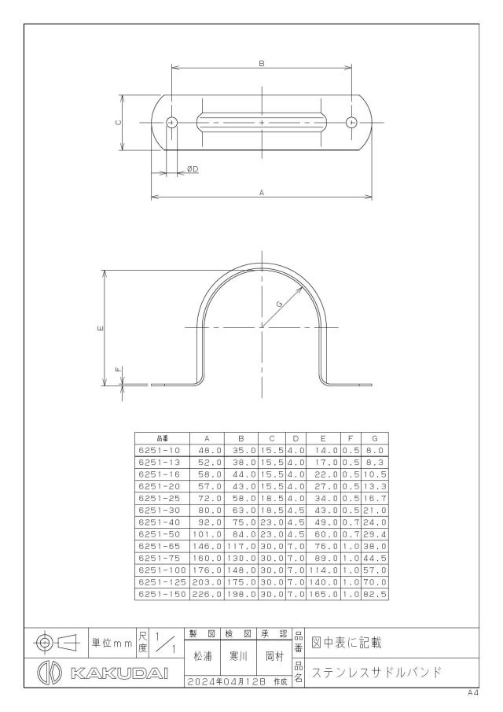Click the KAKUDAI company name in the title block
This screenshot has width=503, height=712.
tap(119, 673)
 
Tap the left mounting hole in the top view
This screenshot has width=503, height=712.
tap(171, 122)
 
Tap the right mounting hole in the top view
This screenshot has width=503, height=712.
tap(351, 122)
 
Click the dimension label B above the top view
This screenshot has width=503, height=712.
tap(262, 64)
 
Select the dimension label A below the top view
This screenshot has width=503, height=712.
tap(262, 193)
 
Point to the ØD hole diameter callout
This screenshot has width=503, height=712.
tap(193, 169)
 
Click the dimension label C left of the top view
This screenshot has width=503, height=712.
tap(117, 122)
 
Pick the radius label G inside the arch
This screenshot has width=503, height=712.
tap(279, 303)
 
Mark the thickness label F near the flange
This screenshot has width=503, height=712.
tap(119, 370)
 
